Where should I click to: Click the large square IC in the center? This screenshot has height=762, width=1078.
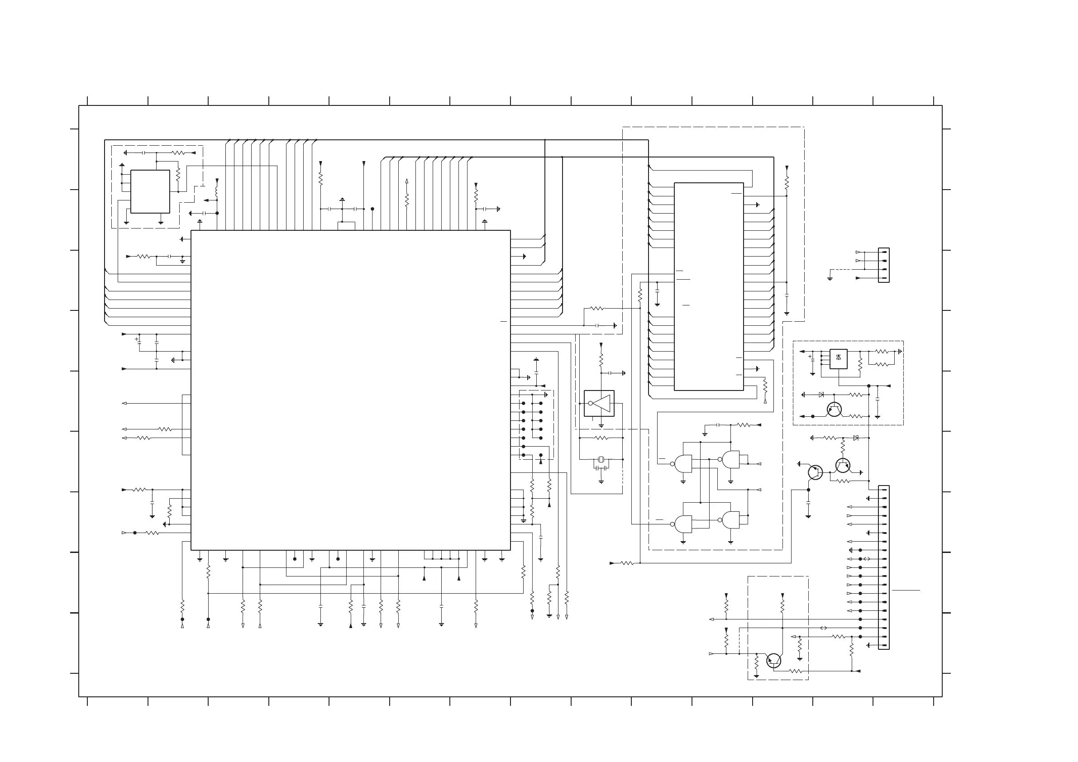point(350,390)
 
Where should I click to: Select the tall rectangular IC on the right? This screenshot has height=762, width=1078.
point(709,286)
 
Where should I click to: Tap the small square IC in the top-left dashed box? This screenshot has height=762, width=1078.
point(150,191)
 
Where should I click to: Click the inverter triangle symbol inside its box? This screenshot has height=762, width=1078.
point(601,403)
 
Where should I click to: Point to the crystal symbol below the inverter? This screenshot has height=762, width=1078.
point(601,460)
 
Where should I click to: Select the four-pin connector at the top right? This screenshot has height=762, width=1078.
point(883,265)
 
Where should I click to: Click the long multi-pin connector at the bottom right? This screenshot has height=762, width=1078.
point(883,567)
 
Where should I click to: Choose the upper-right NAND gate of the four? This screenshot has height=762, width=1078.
point(730,459)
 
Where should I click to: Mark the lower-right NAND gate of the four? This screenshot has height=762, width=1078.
point(730,520)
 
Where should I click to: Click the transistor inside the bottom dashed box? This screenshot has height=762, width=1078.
point(773,661)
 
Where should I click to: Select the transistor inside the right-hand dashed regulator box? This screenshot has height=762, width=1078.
point(834,410)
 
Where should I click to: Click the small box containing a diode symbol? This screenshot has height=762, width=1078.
point(838,359)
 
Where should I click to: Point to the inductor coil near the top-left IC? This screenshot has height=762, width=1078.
point(216,192)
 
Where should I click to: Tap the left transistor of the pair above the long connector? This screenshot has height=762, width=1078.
point(815,472)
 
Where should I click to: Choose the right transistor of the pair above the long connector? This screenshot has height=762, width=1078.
point(843,465)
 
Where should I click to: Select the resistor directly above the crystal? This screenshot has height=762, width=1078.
point(601,438)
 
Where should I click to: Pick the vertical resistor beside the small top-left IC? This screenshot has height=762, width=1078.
point(178,175)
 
